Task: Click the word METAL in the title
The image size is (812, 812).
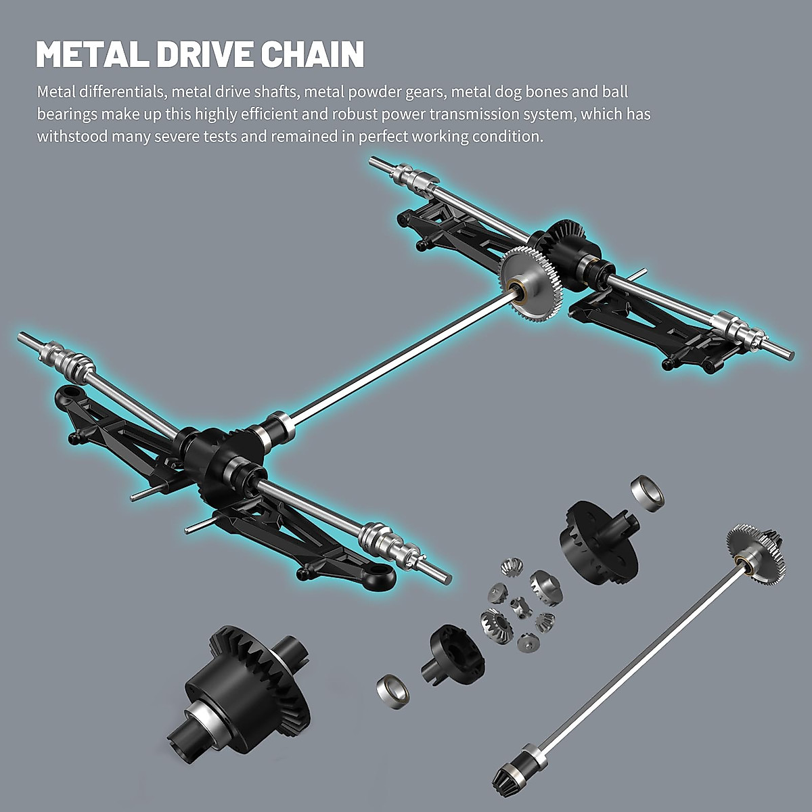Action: [x=91, y=55]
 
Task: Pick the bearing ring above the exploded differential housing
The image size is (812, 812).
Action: [x=647, y=492]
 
